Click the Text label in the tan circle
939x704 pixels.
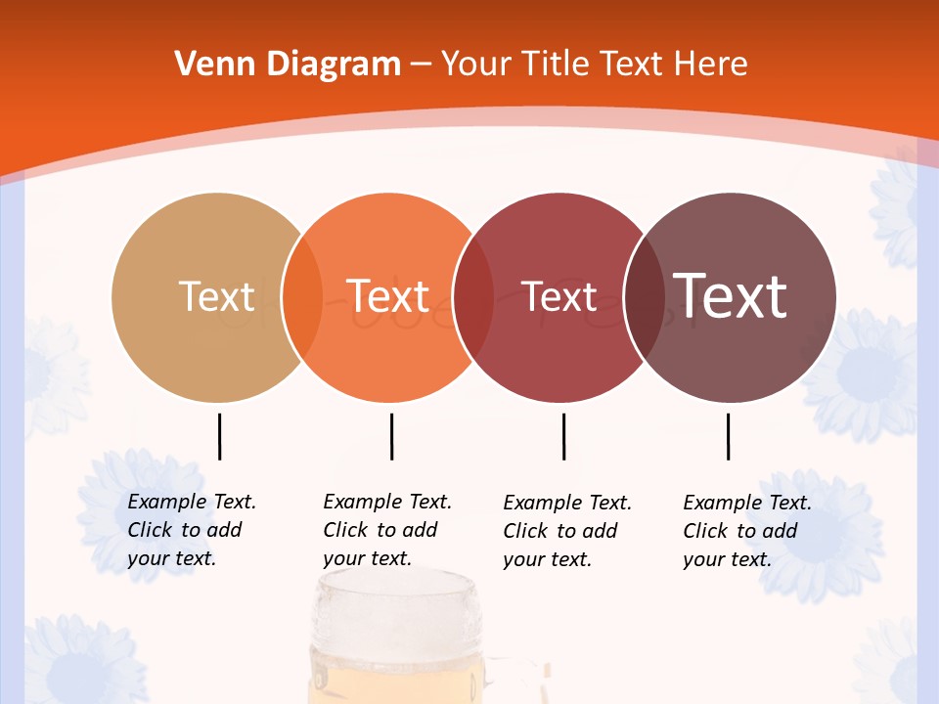217,296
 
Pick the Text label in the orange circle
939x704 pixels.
388,296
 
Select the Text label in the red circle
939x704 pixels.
559,297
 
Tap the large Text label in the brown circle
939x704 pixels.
731,296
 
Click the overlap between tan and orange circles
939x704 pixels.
302,297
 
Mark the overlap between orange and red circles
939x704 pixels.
473,297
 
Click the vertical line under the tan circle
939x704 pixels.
219,436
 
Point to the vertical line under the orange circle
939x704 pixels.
391,436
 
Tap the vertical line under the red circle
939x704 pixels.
563,436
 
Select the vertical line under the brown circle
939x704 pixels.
728,436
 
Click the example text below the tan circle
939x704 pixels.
192,530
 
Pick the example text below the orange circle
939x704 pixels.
387,530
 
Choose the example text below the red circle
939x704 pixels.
567,531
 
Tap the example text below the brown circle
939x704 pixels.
747,531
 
